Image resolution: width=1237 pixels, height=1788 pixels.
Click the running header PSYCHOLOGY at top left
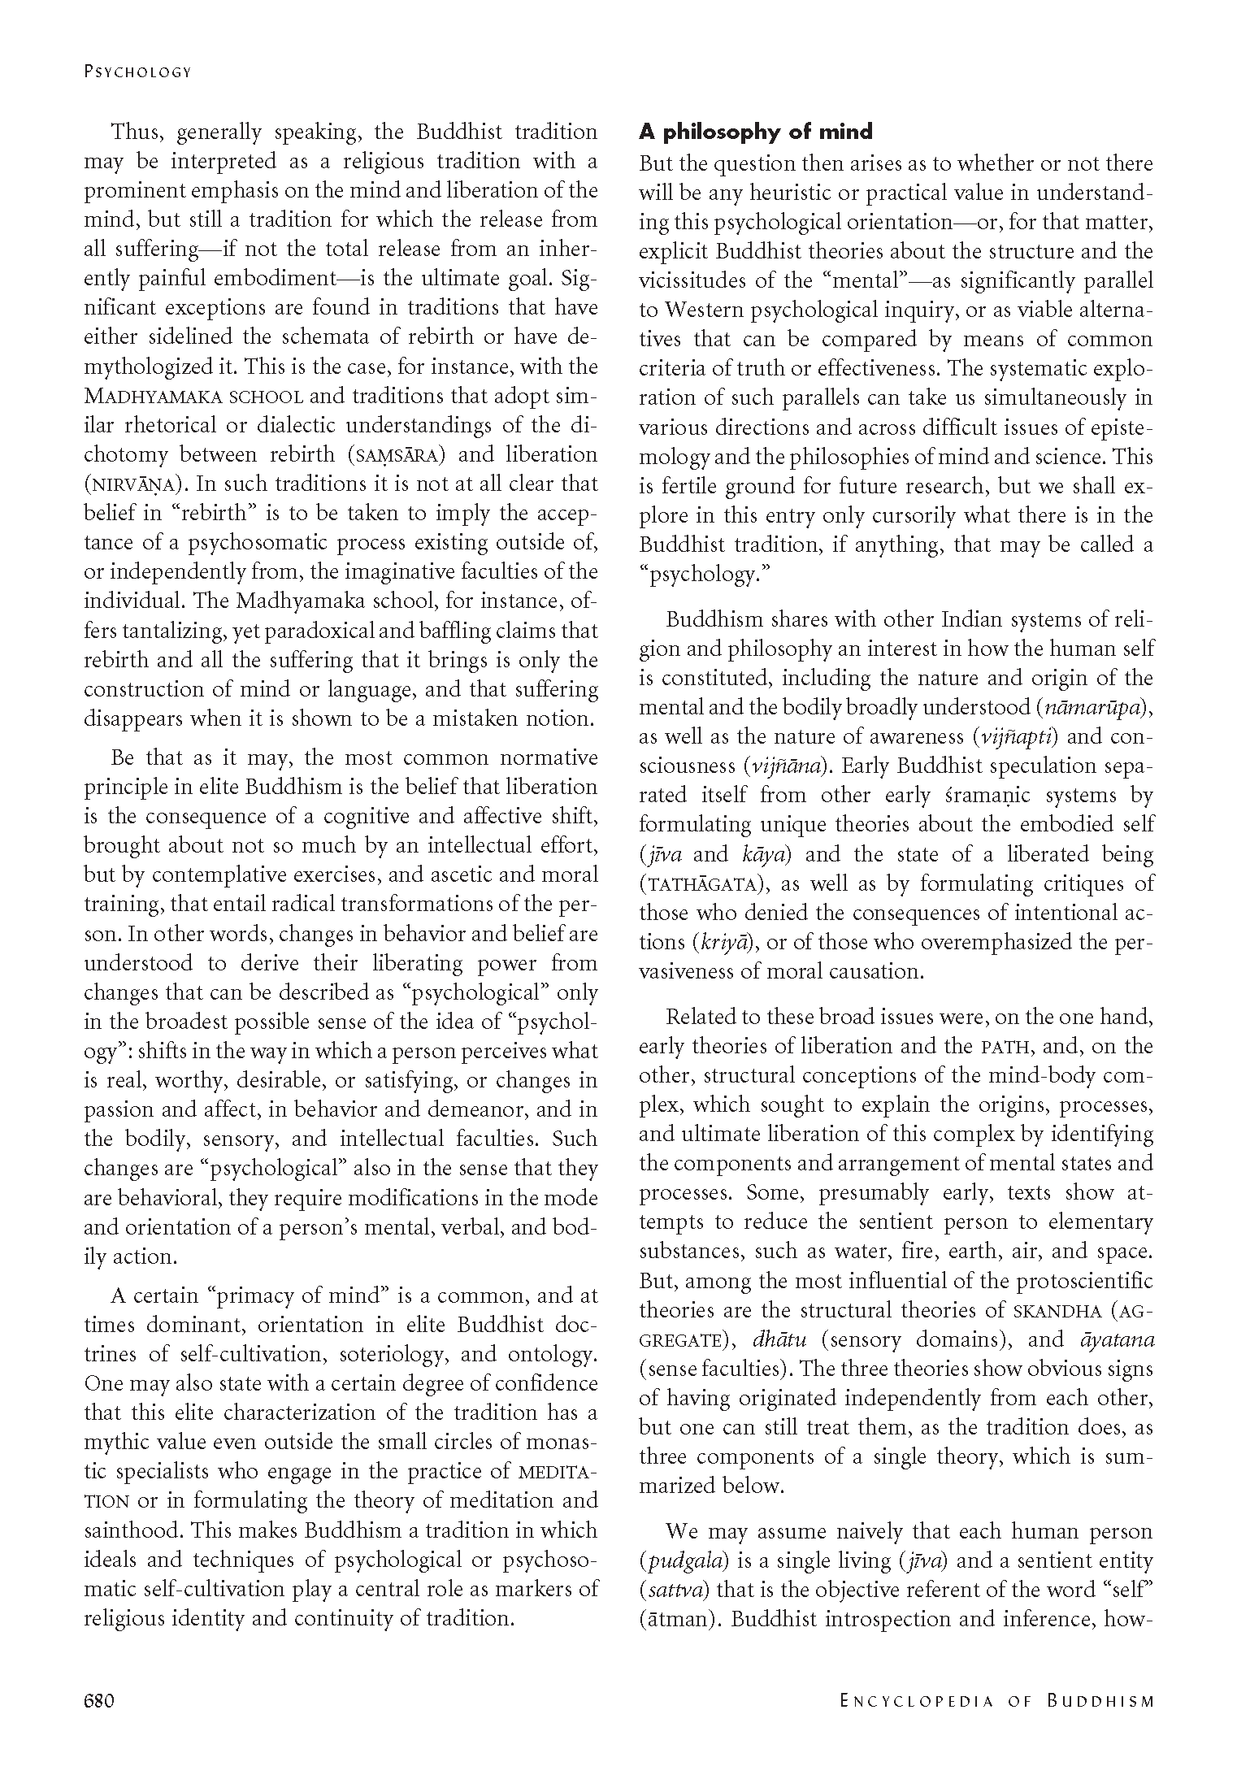137,72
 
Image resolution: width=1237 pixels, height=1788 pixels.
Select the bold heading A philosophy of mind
755,132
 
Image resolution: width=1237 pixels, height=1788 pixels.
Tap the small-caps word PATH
1006,1047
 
